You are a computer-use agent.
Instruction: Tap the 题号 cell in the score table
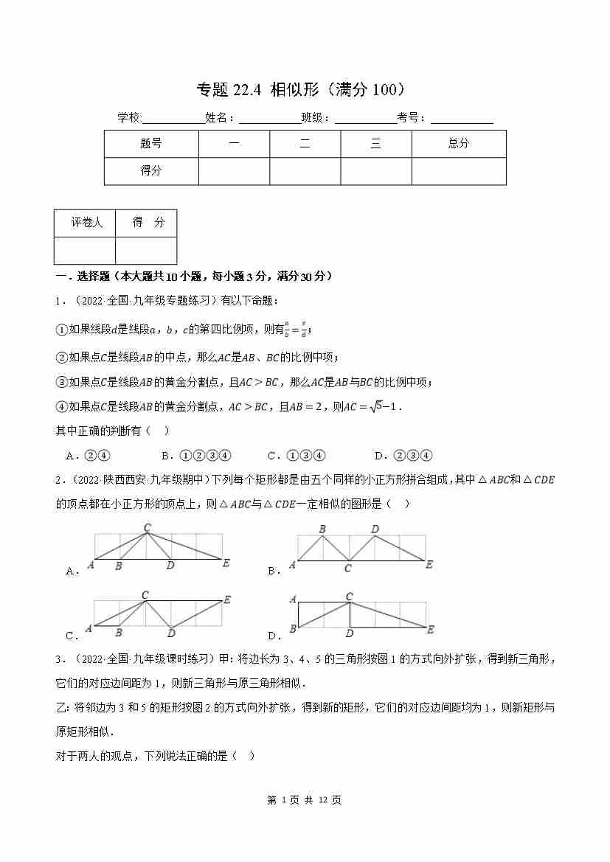click(x=151, y=144)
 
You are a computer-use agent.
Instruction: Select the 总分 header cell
click(x=458, y=144)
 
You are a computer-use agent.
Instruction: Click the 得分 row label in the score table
click(x=151, y=170)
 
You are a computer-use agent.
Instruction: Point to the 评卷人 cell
click(x=86, y=223)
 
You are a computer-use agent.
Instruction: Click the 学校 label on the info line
click(x=128, y=118)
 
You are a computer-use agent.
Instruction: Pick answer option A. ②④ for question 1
click(x=88, y=456)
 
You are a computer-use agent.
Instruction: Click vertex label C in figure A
click(x=147, y=527)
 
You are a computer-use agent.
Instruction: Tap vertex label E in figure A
click(x=226, y=563)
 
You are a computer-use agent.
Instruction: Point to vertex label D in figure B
click(x=375, y=529)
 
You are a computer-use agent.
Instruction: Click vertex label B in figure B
click(x=322, y=529)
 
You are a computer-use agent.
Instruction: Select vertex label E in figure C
click(x=227, y=599)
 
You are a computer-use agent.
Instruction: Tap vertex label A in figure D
click(x=293, y=599)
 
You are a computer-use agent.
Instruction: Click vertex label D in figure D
click(x=350, y=633)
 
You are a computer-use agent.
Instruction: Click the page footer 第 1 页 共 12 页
click(x=304, y=800)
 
